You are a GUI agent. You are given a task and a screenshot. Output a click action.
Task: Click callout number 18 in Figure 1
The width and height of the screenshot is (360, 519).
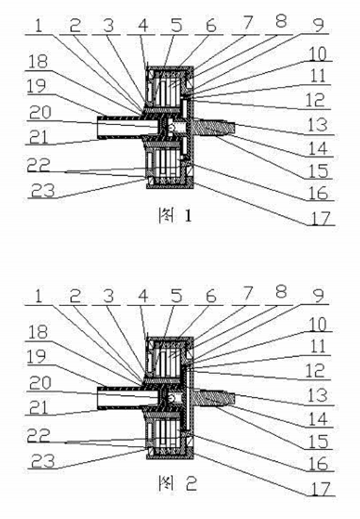(x=38, y=62)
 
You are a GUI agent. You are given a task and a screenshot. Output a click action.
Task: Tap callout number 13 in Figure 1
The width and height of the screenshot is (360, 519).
(x=317, y=125)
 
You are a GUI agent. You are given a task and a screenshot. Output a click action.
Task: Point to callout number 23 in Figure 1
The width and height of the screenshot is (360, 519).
(x=43, y=190)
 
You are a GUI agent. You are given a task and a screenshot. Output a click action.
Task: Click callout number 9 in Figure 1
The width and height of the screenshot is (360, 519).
(x=318, y=25)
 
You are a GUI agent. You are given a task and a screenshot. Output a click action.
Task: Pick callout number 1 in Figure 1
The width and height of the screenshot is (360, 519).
(x=38, y=26)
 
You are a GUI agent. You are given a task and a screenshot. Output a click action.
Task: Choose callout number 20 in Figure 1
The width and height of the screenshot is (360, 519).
(x=40, y=112)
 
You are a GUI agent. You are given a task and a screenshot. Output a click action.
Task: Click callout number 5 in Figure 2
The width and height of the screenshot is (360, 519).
(x=177, y=295)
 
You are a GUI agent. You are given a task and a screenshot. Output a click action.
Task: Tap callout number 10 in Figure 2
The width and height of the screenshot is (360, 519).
(x=318, y=324)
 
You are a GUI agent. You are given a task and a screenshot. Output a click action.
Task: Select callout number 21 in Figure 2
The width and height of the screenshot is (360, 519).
(x=38, y=407)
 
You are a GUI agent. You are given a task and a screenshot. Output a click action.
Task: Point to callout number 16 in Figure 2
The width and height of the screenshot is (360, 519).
(x=318, y=464)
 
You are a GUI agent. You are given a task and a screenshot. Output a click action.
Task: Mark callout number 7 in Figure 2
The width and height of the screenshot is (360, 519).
(x=246, y=293)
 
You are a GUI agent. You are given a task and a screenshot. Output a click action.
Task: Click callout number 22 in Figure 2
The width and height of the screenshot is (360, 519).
(x=38, y=435)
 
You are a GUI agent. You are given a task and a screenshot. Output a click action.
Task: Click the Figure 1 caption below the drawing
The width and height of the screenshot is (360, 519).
(x=175, y=216)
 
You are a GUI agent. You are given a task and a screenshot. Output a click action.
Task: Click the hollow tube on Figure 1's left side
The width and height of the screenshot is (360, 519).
(x=128, y=127)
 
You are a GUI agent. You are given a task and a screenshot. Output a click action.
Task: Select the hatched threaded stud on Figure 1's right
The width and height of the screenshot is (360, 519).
(x=214, y=127)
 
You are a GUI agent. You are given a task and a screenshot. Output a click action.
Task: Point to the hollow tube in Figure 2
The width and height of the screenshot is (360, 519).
(x=128, y=397)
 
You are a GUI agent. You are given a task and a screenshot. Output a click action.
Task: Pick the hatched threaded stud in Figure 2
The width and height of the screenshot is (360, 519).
(x=214, y=397)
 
